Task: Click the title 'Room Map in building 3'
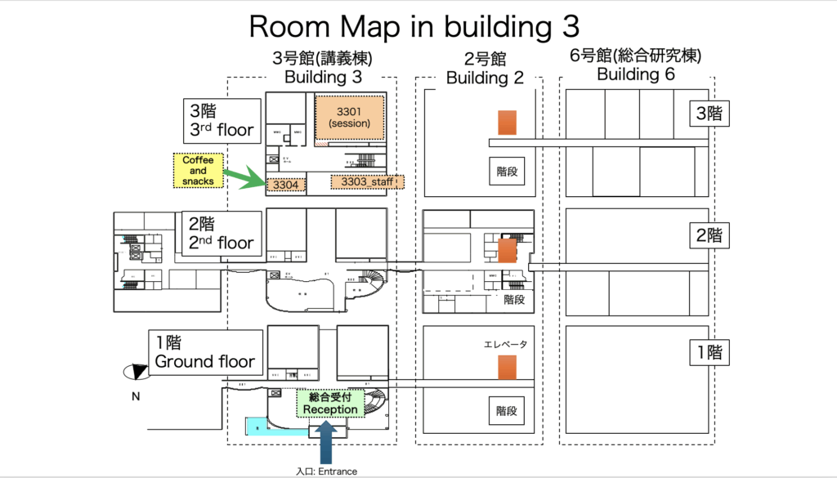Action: pos(414,26)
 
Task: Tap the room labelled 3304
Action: pos(286,185)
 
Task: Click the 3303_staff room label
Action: pos(366,182)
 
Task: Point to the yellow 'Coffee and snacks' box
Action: pos(199,171)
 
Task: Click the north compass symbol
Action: pos(134,371)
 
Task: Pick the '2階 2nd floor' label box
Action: pos(222,235)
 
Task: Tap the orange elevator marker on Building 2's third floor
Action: pos(508,123)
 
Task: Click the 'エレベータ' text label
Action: pos(507,344)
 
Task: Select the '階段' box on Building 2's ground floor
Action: pos(507,411)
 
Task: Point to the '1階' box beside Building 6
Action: pos(707,353)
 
